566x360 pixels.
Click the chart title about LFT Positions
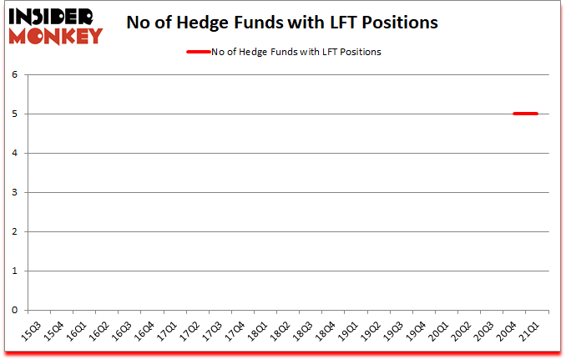coord(282,23)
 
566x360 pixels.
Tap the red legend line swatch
coord(198,52)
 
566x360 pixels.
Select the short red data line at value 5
coord(525,114)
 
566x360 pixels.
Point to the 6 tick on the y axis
coord(14,74)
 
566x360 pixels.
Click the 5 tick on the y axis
coord(14,114)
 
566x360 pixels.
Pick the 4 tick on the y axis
coord(14,153)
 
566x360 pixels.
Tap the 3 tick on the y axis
coord(14,192)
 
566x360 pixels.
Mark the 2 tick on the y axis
coord(14,231)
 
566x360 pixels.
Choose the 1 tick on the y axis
coord(14,271)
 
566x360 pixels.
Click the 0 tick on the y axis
coord(14,310)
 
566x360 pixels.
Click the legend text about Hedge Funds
coord(296,52)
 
